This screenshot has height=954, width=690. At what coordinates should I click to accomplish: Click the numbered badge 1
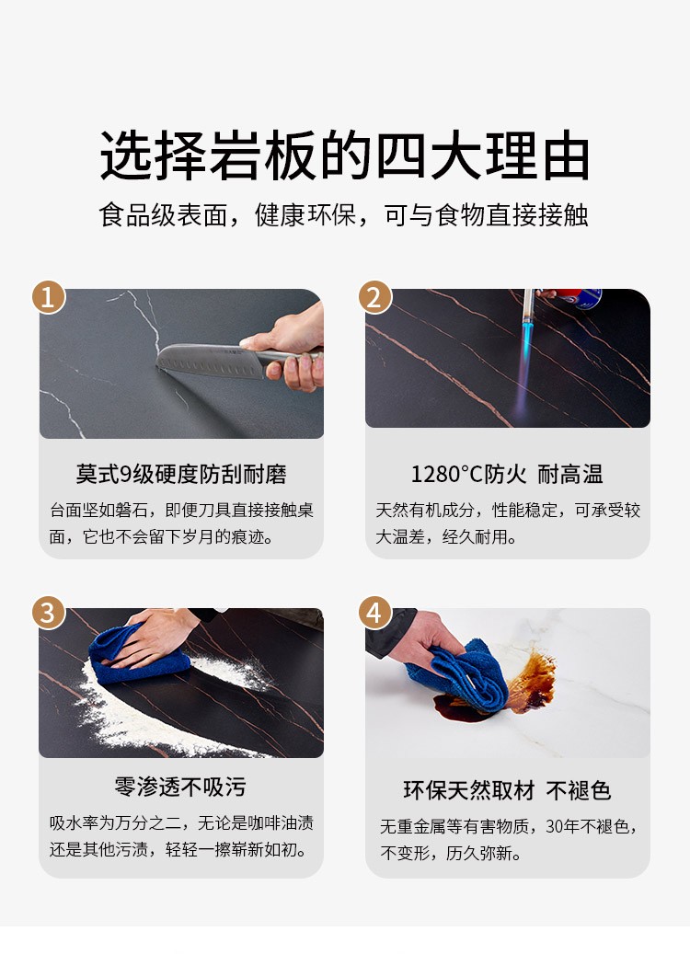[49, 297]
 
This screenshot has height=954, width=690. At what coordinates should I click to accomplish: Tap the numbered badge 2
[374, 297]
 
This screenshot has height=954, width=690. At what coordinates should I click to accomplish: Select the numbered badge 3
[49, 613]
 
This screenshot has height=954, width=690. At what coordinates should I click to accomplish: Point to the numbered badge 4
[374, 613]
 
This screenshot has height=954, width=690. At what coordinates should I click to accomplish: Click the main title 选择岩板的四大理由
[345, 155]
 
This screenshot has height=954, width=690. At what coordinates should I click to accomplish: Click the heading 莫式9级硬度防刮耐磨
[180, 474]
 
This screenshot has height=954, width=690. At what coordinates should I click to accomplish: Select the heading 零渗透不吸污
[180, 787]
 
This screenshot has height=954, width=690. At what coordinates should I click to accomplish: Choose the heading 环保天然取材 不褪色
[507, 790]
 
